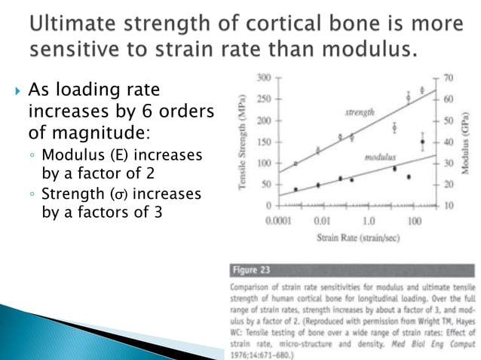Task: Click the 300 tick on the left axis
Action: tap(263, 78)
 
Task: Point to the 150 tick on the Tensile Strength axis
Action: tap(263, 142)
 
